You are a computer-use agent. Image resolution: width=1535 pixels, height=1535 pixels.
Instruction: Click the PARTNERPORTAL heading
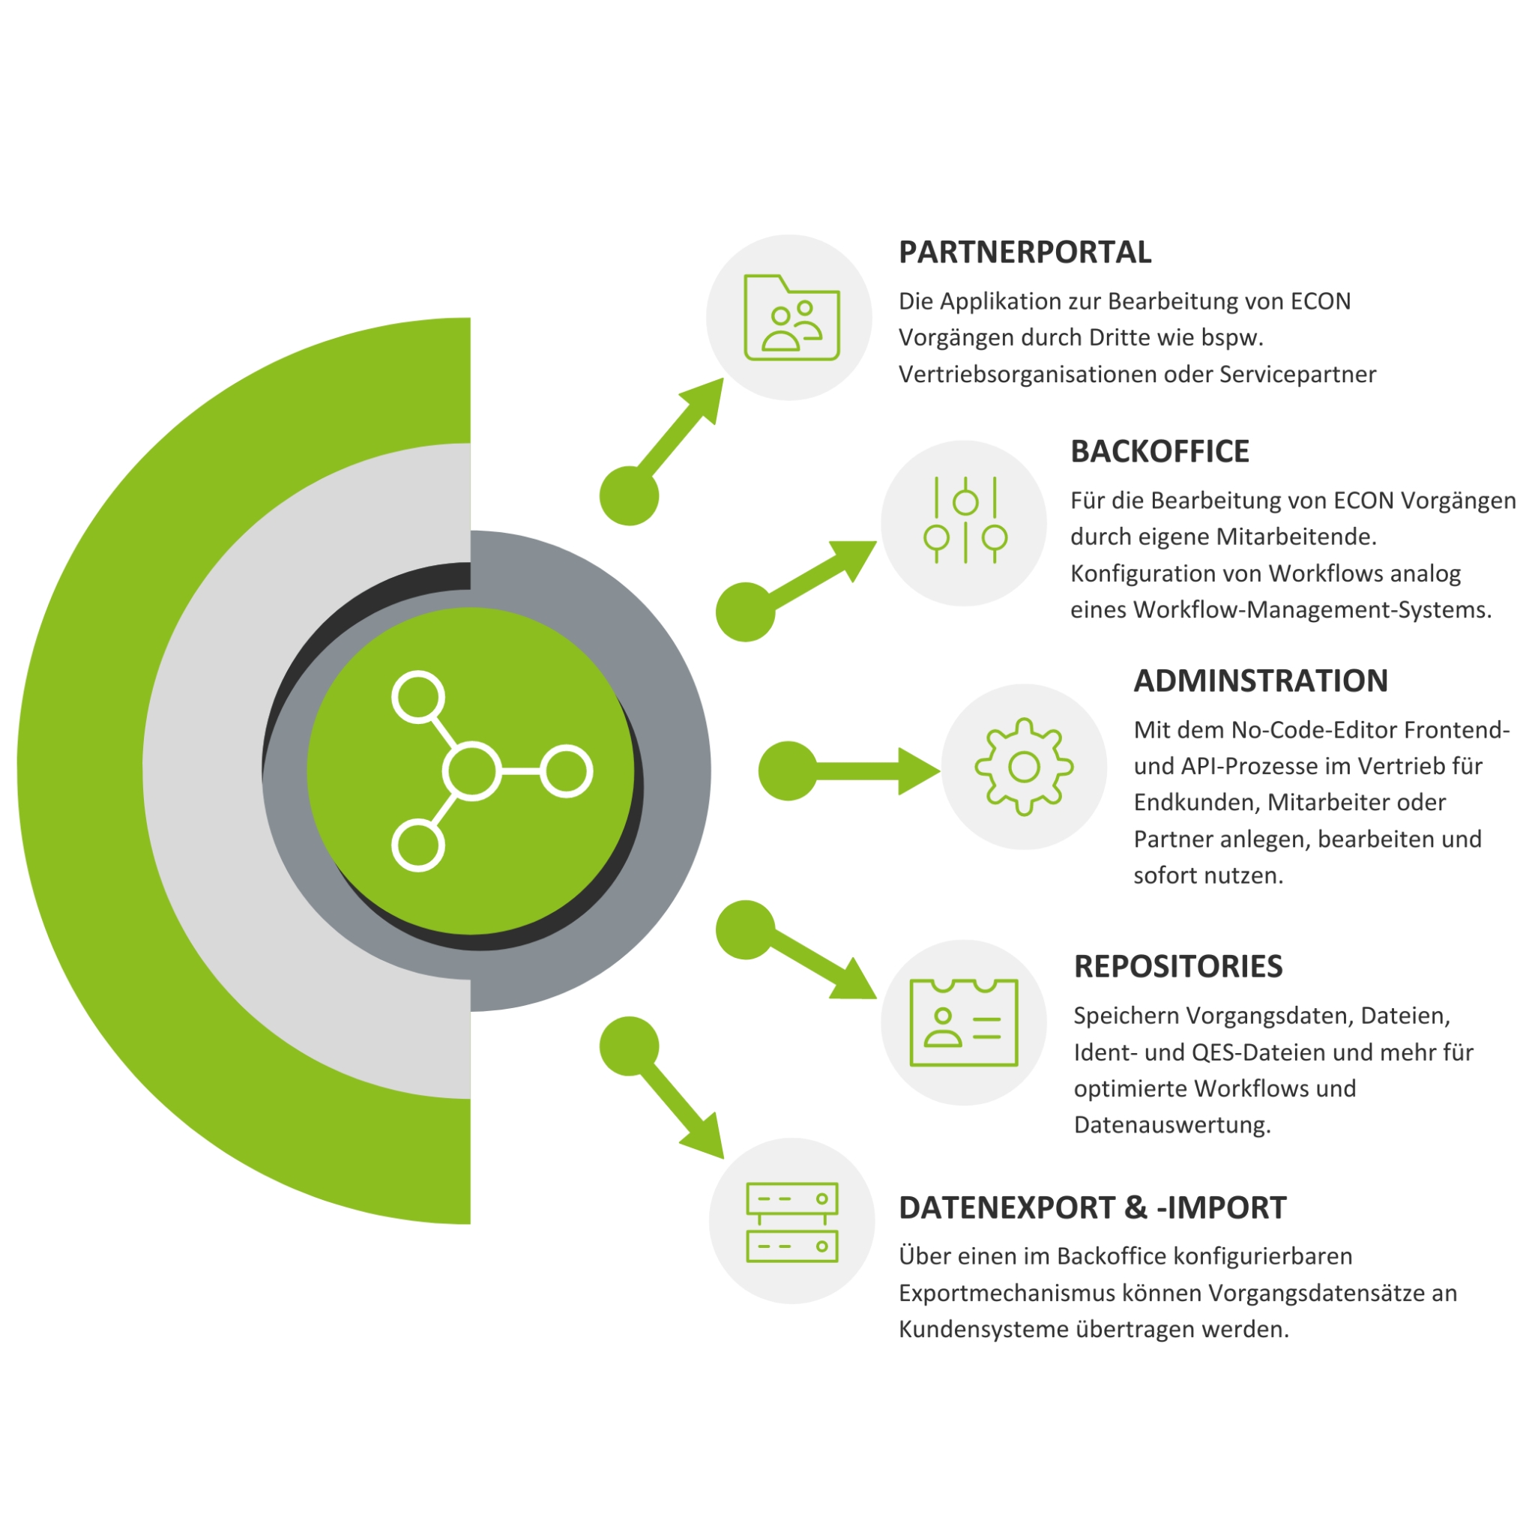point(1024,252)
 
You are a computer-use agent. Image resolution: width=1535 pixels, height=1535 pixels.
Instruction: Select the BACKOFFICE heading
point(1159,451)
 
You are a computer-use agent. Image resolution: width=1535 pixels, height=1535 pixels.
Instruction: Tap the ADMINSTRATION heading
point(1260,681)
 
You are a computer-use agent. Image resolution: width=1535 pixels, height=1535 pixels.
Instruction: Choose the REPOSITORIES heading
point(1177,966)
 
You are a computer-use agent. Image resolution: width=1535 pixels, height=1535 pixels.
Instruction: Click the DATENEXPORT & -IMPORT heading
point(1091,1207)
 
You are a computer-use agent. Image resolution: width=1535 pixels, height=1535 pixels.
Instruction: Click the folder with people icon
point(791,318)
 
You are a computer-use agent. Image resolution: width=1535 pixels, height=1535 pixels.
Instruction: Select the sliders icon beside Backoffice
point(965,521)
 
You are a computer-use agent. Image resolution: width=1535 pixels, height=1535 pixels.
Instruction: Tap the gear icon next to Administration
point(1023,767)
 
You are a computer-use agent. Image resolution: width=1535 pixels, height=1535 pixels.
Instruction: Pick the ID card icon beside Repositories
point(963,1022)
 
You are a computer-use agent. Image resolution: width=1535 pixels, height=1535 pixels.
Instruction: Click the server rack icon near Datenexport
point(791,1222)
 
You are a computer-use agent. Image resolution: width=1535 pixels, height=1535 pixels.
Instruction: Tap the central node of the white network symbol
point(472,770)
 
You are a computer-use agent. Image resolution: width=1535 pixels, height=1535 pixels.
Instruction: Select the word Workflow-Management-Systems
point(1312,610)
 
